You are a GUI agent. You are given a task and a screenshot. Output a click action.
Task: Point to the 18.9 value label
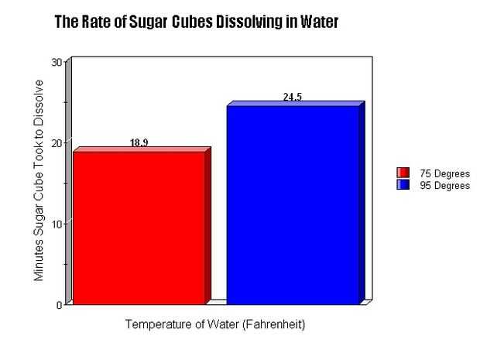pyautogui.click(x=139, y=143)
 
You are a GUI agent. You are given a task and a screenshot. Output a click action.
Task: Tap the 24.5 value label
pyautogui.click(x=293, y=97)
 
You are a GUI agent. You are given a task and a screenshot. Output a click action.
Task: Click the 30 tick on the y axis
pyautogui.click(x=56, y=62)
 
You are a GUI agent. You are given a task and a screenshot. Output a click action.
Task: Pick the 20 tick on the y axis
pyautogui.click(x=56, y=142)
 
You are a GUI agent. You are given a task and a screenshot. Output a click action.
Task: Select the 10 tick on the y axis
pyautogui.click(x=56, y=223)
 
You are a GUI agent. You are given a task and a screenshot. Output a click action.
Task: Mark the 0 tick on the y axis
pyautogui.click(x=59, y=303)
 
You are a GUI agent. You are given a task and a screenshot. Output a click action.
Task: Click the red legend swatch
pyautogui.click(x=403, y=173)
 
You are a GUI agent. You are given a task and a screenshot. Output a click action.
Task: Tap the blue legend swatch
pyautogui.click(x=403, y=185)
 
